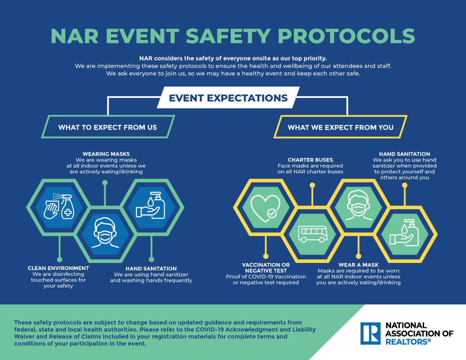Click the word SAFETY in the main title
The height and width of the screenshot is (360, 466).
coord(228,36)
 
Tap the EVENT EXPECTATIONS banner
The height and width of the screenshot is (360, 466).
coord(228,98)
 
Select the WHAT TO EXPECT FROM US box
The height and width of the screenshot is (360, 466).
coord(108,127)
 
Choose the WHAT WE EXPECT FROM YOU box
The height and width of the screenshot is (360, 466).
coord(340,127)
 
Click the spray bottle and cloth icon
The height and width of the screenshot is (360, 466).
coord(59,207)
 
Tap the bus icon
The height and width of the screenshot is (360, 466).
coord(312,234)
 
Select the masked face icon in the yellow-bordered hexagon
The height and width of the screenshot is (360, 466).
coord(359,206)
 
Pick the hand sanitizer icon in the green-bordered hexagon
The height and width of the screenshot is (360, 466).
coord(150,206)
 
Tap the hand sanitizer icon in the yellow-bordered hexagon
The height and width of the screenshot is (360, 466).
coord(405,233)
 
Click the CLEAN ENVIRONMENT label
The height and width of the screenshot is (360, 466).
coord(58,268)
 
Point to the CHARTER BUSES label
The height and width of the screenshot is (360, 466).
coord(310,160)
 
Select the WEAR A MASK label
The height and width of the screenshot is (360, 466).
coord(358,265)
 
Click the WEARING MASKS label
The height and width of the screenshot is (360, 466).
coord(106,154)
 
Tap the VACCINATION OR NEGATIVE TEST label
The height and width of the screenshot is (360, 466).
coord(266,268)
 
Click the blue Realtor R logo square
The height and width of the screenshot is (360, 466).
coord(370,334)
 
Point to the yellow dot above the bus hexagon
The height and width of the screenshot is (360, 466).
coord(312,185)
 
